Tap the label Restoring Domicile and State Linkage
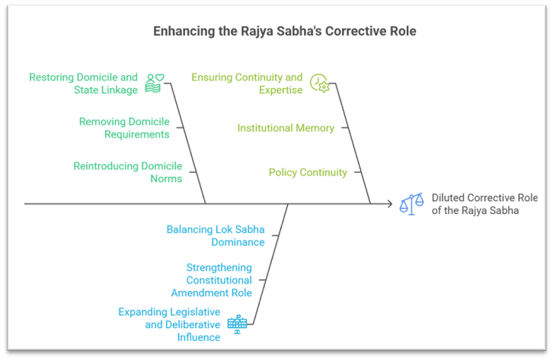pos(83,83)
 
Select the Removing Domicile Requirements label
pos(124,128)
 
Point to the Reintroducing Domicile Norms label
pos(127,172)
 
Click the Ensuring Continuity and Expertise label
pos(247,83)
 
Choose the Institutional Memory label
pos(286,128)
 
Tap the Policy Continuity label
pos(308,172)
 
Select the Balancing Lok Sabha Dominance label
pos(216,235)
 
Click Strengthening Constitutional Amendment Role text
pos(219,280)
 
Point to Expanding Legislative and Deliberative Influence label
pos(169,325)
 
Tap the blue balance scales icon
pos(412,203)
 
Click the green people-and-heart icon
pos(155,82)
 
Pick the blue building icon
pos(237,324)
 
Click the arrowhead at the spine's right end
pos(388,203)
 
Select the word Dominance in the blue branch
pos(238,242)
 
